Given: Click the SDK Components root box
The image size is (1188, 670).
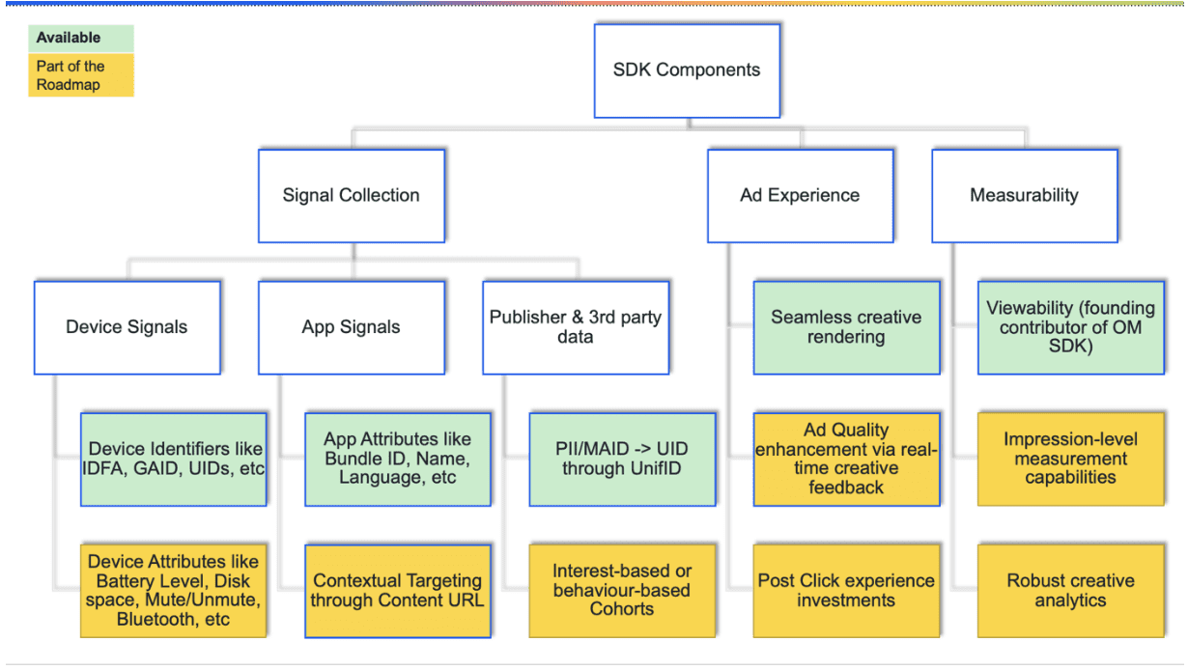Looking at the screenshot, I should tap(687, 70).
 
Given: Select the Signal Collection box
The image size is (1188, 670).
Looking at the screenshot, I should tap(351, 195).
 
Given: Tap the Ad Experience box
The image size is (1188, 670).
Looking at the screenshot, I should tap(800, 195).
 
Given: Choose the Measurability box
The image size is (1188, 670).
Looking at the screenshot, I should tap(1024, 195).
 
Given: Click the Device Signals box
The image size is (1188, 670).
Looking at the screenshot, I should tap(127, 327).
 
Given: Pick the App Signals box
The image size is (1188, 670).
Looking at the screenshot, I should tap(351, 327).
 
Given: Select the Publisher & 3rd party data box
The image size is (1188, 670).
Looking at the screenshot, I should tap(576, 327).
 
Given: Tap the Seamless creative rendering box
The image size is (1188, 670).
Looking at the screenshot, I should tap(846, 327).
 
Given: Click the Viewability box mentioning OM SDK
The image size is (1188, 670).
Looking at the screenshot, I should tap(1070, 327).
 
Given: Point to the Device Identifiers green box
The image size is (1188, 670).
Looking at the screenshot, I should tap(174, 460).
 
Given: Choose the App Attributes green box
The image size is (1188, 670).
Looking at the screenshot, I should tap(398, 460).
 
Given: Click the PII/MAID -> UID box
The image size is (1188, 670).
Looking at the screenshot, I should tap(623, 460).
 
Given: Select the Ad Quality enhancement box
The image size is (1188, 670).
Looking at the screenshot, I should tap(846, 460).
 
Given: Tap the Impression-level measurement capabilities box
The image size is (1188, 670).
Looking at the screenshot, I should tap(1070, 460).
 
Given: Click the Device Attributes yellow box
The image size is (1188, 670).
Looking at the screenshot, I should tap(174, 591).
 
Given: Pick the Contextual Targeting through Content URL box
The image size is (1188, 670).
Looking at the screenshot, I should tap(398, 591).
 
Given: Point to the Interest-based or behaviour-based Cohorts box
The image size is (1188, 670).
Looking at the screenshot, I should tap(623, 591).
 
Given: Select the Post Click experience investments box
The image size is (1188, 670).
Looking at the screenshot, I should tap(846, 591).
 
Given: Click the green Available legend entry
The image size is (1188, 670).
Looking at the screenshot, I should tap(80, 39).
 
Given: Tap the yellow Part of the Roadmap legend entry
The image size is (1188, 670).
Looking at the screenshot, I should tap(80, 75).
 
